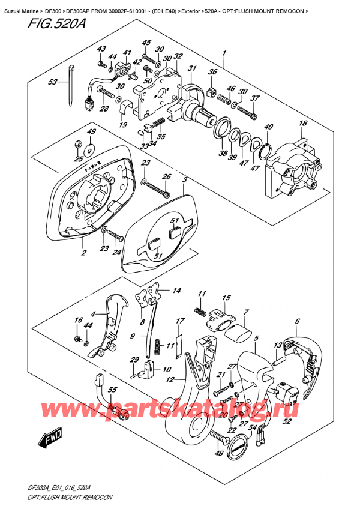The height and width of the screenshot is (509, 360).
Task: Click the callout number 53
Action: point(53,82)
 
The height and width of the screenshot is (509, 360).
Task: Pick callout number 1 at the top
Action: point(224,53)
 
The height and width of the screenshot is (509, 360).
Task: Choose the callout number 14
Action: point(176,291)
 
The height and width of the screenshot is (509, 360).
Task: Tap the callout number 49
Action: point(92,131)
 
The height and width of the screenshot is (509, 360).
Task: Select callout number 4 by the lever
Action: point(93,313)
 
